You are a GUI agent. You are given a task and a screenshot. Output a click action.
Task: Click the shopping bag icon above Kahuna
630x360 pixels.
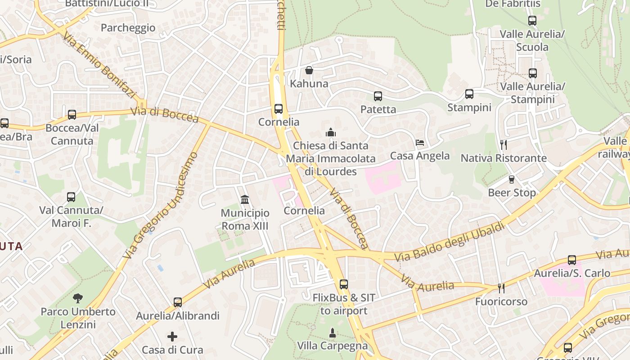point(309,70)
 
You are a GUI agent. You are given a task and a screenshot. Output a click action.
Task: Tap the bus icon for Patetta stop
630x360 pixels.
point(378,96)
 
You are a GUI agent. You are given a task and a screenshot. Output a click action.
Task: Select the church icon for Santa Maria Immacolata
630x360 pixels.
point(331,132)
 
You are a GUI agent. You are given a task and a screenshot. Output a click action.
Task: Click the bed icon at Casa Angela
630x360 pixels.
point(420,143)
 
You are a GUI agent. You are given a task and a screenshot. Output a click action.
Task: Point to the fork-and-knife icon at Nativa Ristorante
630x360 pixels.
point(504,145)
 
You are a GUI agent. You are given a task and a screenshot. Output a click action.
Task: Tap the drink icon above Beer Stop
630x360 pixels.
point(512,180)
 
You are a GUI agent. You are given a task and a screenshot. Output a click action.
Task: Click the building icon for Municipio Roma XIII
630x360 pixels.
point(245,199)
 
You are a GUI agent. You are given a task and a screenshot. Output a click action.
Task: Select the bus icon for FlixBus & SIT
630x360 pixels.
point(344,284)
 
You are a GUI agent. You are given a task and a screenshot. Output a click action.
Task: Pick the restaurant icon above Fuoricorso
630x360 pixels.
point(501,288)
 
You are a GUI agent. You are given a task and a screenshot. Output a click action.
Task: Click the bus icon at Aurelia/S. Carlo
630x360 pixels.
point(571,260)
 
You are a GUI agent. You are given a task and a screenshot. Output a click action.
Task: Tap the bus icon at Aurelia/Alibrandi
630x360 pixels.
point(178,302)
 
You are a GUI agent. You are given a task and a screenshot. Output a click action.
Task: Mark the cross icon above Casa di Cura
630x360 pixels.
point(172,336)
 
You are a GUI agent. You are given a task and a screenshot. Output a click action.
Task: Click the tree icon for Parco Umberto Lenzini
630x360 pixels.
point(78,298)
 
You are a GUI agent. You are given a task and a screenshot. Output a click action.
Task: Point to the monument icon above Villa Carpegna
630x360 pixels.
point(332,333)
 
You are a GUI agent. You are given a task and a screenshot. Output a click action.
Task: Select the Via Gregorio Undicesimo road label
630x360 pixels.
point(160,206)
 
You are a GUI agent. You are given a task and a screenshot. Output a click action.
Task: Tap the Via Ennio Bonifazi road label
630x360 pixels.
point(99,65)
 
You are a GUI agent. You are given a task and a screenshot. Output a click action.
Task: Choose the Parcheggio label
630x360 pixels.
point(128,28)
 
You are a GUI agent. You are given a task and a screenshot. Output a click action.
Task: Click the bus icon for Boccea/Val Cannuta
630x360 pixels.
point(72,114)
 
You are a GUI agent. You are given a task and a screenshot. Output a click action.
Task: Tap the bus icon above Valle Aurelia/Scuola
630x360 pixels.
point(532,20)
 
